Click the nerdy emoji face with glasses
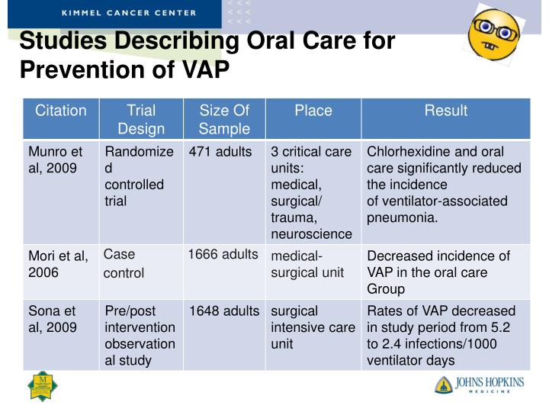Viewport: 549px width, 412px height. (493, 35)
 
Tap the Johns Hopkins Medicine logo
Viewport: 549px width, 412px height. (480, 384)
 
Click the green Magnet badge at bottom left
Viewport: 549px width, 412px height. (43, 385)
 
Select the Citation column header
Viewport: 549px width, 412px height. (61, 111)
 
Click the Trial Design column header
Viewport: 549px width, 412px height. (141, 119)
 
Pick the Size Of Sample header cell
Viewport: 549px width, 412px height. (224, 119)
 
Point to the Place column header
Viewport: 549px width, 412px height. (313, 111)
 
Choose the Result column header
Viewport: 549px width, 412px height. (445, 111)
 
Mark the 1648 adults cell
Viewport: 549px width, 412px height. (224, 311)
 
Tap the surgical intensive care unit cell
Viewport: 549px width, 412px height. (313, 327)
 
